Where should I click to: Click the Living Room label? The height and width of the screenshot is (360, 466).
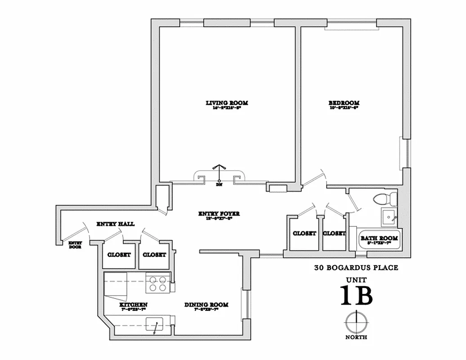[x=227, y=103]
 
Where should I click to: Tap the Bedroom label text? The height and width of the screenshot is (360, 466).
[x=344, y=103]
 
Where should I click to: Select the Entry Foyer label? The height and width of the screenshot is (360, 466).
[x=220, y=214]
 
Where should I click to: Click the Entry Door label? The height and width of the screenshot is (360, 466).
[x=75, y=245]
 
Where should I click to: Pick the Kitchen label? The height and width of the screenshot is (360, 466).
[x=133, y=305]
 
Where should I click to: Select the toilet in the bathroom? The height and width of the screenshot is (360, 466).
[x=386, y=198]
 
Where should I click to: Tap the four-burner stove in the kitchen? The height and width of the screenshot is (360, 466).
[x=157, y=283]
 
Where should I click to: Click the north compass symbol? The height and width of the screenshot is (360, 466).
[x=355, y=322]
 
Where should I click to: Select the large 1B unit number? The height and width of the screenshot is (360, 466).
[x=356, y=296]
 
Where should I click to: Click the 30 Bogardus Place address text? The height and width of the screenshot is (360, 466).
[x=356, y=268]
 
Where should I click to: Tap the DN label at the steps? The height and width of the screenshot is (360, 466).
[x=219, y=184]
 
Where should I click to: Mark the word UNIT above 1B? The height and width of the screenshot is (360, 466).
[x=356, y=280]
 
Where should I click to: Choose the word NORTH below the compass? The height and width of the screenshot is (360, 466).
[x=356, y=337]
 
